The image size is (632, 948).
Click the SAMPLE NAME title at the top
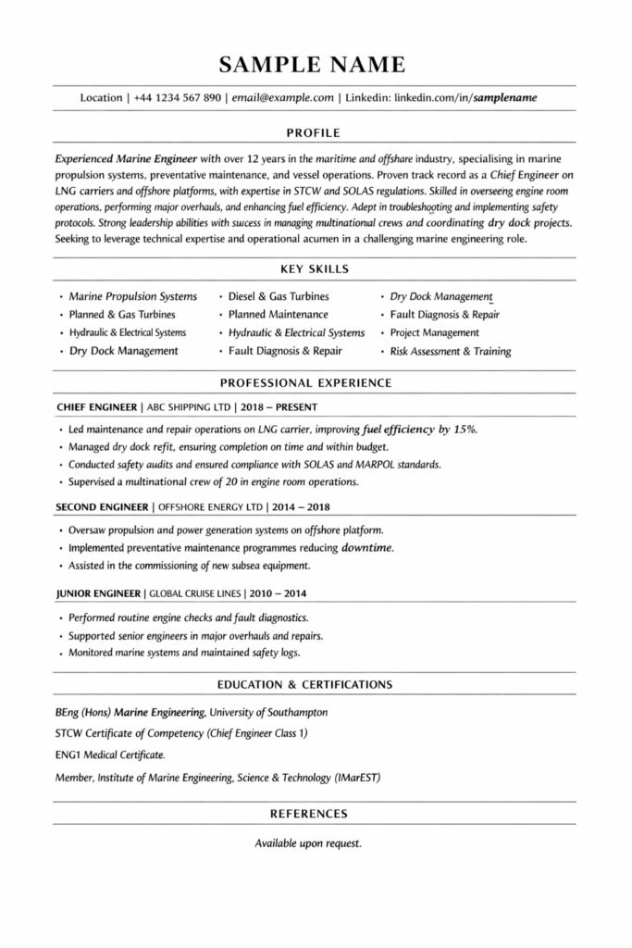click(x=313, y=64)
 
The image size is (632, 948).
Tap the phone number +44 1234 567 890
click(x=178, y=97)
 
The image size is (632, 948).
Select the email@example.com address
click(x=282, y=97)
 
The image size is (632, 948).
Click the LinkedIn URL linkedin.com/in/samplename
click(x=465, y=97)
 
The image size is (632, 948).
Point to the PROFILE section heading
click(x=314, y=131)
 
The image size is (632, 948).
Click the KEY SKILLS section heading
click(x=314, y=269)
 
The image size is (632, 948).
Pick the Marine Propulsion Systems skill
click(x=133, y=296)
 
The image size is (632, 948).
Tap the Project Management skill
click(x=435, y=332)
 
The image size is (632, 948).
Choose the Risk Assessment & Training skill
click(x=451, y=352)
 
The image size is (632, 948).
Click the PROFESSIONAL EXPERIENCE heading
click(x=305, y=382)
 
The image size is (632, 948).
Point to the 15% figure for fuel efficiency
click(x=465, y=430)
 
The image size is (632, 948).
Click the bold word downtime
click(x=367, y=548)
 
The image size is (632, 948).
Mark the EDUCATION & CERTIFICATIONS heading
click(x=304, y=685)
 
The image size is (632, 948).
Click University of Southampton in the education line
click(x=268, y=713)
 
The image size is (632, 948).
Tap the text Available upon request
click(x=307, y=843)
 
